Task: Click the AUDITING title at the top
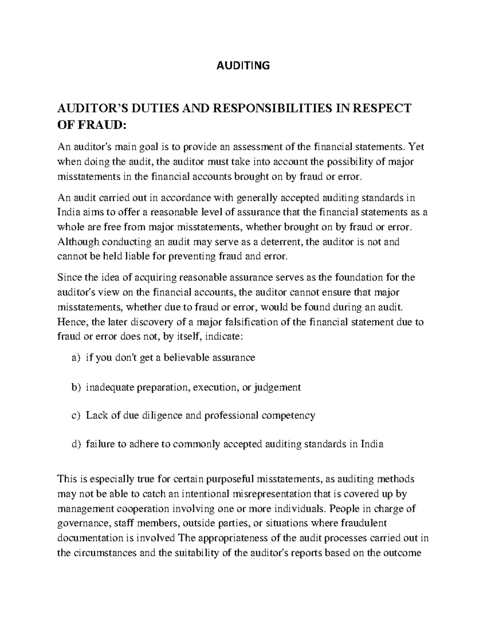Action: (243, 65)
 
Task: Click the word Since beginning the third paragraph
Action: (69, 277)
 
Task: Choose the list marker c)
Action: (76, 415)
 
